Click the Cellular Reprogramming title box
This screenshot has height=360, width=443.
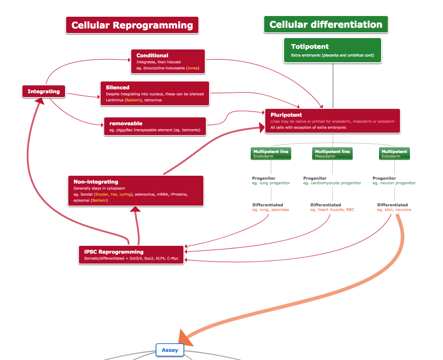point(132,25)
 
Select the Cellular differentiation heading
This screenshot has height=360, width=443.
point(326,25)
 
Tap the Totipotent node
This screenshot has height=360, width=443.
point(332,51)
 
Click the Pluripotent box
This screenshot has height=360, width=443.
point(332,121)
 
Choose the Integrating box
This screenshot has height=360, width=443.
point(44,91)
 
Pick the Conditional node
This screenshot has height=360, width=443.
point(168,62)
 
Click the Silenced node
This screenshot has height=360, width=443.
point(155,94)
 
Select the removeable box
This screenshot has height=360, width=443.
point(155,126)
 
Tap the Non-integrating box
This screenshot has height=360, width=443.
point(135,191)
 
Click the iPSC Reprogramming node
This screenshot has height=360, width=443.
point(131,255)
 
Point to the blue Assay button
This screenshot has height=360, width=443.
point(170,350)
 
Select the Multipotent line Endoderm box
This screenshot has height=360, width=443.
point(271,154)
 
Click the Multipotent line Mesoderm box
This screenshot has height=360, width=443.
point(332,154)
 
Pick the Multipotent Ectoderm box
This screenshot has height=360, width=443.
point(394,154)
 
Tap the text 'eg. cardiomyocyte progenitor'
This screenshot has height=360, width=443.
point(332,183)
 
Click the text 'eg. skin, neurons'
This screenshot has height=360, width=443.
point(394,210)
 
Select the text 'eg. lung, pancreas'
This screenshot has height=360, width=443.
point(271,210)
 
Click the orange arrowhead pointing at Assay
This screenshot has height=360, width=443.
point(185,338)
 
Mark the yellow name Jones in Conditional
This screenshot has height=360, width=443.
point(193,68)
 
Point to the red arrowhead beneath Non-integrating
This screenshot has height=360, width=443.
point(135,209)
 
